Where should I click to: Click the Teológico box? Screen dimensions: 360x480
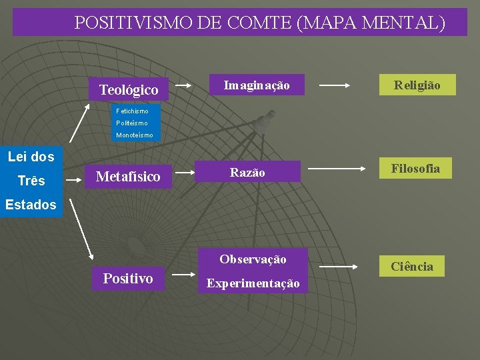[129, 89]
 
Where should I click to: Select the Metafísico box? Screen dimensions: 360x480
[129, 177]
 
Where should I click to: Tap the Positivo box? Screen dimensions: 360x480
[128, 279]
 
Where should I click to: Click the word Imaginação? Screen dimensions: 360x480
[257, 85]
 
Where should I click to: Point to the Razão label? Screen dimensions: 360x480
[247, 173]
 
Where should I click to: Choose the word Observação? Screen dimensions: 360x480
[253, 259]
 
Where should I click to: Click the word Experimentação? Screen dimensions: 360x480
[253, 283]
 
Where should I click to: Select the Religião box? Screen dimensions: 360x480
[417, 85]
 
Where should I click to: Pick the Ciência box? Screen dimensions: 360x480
[412, 267]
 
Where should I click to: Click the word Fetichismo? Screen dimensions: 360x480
[132, 111]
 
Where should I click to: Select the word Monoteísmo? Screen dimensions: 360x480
[134, 135]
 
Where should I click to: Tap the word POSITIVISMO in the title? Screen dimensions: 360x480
[133, 23]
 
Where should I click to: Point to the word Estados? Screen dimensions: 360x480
[31, 205]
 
